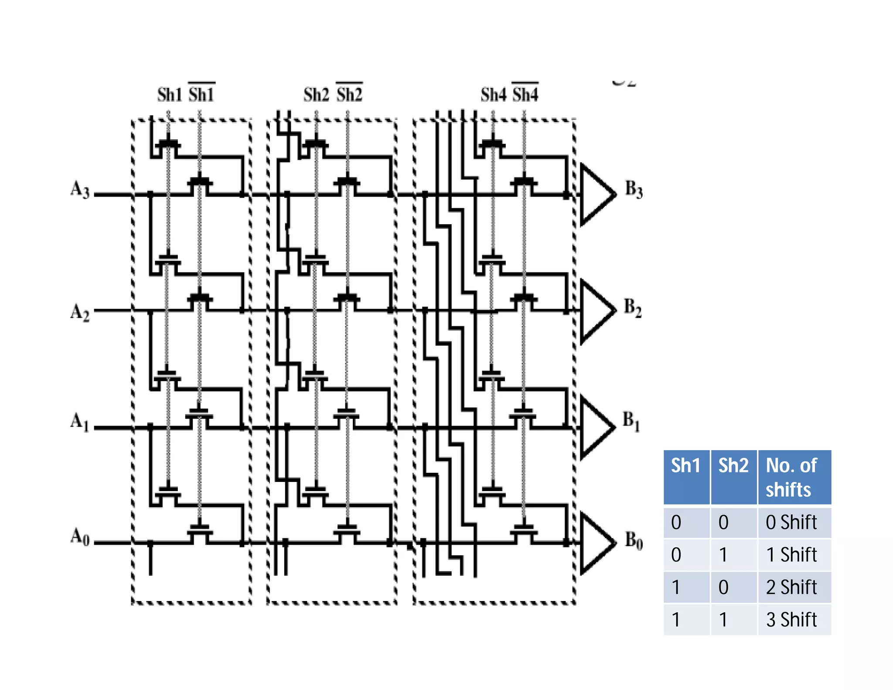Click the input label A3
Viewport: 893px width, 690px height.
coord(80,190)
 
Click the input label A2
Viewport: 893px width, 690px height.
coord(80,312)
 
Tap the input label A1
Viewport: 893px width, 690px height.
coord(80,422)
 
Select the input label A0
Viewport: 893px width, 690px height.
coord(80,536)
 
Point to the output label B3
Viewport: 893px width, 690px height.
coord(634,189)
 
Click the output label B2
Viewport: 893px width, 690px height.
coord(633,307)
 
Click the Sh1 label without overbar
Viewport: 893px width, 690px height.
coord(170,95)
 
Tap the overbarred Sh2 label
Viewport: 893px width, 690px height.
coord(349,94)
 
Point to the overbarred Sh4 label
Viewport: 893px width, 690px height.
coord(525,94)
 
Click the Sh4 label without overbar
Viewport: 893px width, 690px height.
coord(493,95)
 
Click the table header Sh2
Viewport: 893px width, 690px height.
coord(733,466)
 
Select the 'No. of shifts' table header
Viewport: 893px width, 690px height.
coord(791,477)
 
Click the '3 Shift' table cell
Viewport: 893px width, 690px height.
coord(791,619)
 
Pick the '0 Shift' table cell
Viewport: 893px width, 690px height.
coord(791,522)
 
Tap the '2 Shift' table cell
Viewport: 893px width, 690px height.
coord(791,587)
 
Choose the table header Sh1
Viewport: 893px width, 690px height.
coord(685,466)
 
